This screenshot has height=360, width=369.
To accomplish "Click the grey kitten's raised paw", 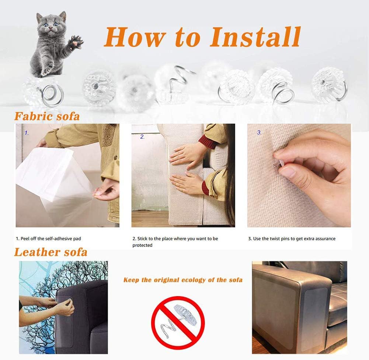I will (x=76, y=42).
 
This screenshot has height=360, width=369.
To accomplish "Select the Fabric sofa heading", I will (x=47, y=116).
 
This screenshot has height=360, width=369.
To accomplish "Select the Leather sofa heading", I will (x=51, y=252).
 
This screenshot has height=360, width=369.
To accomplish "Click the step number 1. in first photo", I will (x=27, y=133).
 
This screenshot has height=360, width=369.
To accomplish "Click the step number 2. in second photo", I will (x=142, y=137).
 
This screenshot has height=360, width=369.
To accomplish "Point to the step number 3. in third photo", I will (x=259, y=133).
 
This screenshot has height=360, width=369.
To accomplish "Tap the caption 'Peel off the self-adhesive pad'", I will (x=48, y=239).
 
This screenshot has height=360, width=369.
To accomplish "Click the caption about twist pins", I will (x=292, y=239).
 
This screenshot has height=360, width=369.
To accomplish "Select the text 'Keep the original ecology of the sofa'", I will (x=183, y=280).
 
